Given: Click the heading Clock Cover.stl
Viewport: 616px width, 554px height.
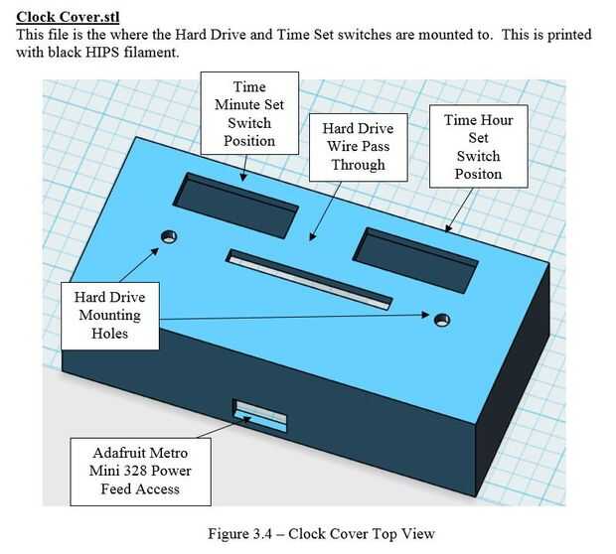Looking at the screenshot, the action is pos(68,17).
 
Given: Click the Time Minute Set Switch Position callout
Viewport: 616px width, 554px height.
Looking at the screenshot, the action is pos(249,113).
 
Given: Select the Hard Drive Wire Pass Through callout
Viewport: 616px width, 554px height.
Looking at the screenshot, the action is pos(359,147).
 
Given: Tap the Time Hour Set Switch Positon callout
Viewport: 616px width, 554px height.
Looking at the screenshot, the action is pos(479,147).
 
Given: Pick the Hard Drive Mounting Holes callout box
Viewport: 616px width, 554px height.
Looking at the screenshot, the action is pos(110,316).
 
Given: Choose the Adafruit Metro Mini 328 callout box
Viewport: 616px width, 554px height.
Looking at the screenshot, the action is pos(140,472).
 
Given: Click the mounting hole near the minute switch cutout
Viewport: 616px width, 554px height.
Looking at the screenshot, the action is pos(169,236).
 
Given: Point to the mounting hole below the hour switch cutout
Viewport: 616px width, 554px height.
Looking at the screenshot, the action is pos(442,320).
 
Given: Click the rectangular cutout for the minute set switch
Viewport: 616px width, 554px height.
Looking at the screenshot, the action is pos(235,206).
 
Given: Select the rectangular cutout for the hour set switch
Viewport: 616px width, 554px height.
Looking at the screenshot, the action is pos(415,260).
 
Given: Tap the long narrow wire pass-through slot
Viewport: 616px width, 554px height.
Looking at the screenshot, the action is pos(309,280).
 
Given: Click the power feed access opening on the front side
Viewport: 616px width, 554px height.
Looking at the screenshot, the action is pos(259,415).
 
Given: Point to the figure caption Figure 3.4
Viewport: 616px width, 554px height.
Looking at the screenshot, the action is pos(321,533).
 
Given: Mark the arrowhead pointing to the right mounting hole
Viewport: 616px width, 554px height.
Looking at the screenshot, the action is pos(425,315).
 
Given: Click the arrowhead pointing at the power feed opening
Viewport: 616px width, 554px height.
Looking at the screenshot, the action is pos(247,419).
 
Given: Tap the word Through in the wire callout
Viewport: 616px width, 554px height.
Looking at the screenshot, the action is pos(359,165).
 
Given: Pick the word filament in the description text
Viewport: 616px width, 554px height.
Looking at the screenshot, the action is pos(151,53).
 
